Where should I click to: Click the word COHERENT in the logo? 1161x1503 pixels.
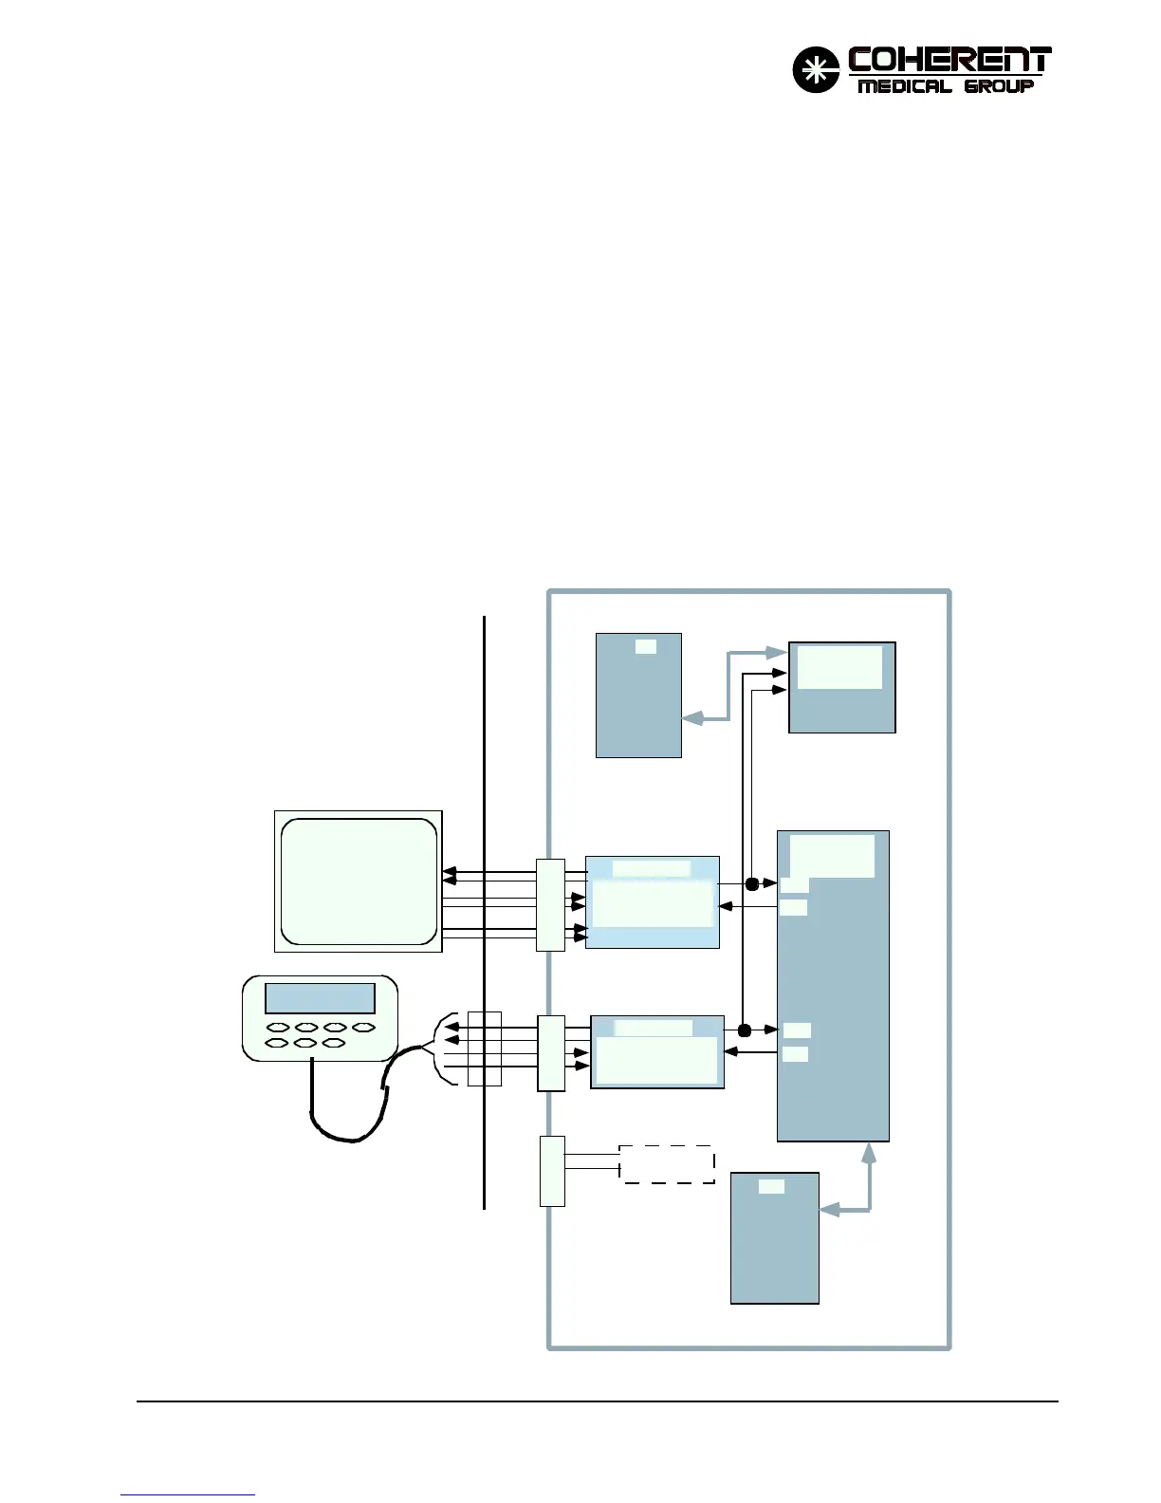tap(949, 61)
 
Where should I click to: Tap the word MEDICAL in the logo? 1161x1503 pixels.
tap(904, 86)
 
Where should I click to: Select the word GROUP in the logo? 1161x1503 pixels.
tap(999, 86)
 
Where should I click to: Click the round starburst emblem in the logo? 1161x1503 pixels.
tap(816, 70)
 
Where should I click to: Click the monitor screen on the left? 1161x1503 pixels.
tap(359, 881)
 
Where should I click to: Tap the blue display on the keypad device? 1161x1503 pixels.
tap(320, 998)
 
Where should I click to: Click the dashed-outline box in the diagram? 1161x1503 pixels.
tap(667, 1164)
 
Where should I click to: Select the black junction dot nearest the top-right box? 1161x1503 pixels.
tap(752, 884)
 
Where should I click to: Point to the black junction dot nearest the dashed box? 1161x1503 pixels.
tap(745, 1030)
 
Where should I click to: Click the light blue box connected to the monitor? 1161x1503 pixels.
tap(653, 902)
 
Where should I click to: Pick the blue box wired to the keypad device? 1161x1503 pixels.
tap(657, 1052)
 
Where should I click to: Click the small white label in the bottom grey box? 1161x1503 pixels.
tap(772, 1186)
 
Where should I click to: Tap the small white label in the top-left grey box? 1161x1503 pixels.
tap(645, 647)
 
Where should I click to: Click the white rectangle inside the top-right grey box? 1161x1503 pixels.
tap(839, 667)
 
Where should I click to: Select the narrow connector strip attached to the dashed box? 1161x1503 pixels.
tap(552, 1171)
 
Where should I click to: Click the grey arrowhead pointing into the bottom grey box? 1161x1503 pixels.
tap(828, 1210)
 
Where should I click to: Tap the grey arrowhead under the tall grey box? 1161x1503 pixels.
tap(869, 1152)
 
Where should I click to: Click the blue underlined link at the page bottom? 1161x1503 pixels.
tap(188, 1495)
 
